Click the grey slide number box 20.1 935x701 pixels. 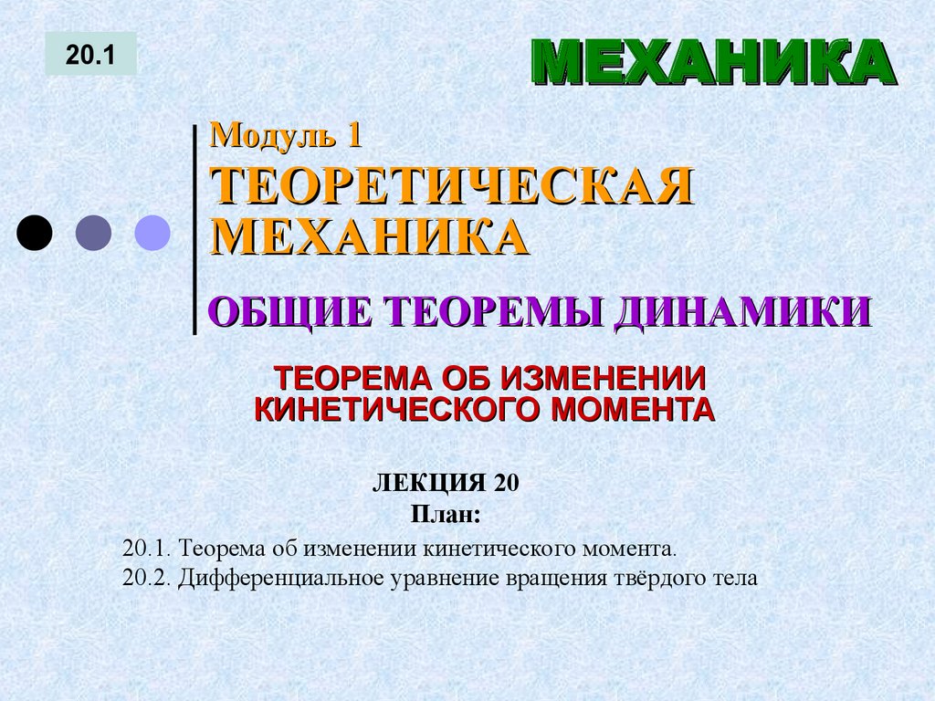pos(90,54)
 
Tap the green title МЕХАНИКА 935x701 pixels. pos(710,65)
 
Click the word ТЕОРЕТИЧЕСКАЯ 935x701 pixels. pos(452,187)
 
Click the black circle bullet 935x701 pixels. pos(35,233)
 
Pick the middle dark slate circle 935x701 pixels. pos(93,233)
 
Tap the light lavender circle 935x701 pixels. pos(152,233)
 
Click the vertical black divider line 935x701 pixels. pos(194,228)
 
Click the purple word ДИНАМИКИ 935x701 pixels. pos(741,311)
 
